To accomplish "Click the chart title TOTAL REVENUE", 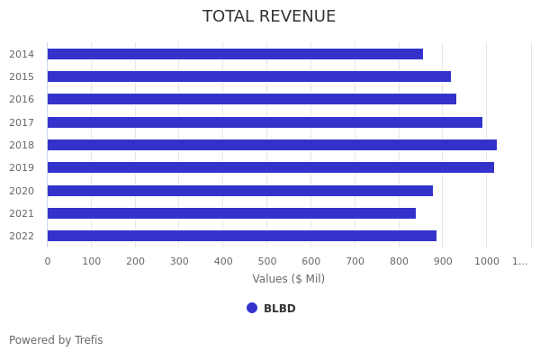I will click(269, 16).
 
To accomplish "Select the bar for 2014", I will click(235, 54).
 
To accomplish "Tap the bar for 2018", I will click(272, 145).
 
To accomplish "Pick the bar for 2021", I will click(231, 213).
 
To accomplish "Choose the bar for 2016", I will click(252, 99).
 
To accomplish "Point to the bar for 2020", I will click(240, 191).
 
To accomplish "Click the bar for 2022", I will click(242, 236).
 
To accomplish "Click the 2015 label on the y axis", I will click(22, 76).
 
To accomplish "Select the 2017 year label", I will click(22, 122).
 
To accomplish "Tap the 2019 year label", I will click(22, 167).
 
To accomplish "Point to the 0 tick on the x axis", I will click(48, 261).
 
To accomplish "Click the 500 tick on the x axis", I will click(267, 261).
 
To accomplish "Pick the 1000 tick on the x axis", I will click(487, 261).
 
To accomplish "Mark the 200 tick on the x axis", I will click(135, 261).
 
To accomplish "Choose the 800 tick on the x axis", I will click(399, 261).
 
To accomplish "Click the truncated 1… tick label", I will click(520, 261).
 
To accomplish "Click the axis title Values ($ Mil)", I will click(288, 279).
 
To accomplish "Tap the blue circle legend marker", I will click(252, 308).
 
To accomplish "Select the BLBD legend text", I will click(279, 309).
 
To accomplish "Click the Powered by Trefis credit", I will click(56, 340).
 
